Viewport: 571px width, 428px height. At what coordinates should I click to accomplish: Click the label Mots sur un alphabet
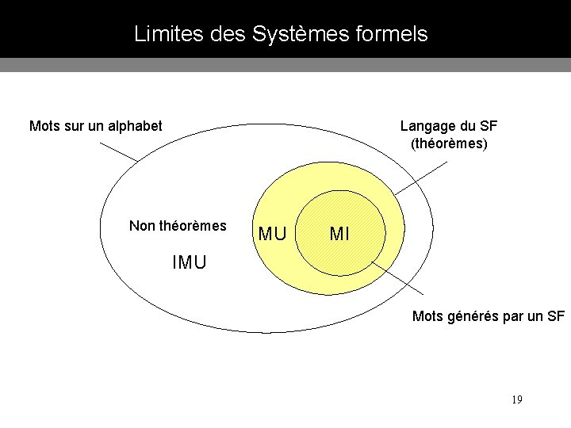point(95,125)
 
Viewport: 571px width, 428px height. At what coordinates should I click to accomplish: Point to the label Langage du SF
point(449,125)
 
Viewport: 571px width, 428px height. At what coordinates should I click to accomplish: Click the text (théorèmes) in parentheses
point(449,144)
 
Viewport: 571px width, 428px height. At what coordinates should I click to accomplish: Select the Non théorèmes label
point(178,226)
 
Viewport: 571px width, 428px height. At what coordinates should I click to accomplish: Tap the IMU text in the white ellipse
point(189,262)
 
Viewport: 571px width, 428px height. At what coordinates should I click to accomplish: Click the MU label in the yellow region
point(273,235)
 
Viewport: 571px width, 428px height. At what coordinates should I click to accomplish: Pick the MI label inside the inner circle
point(339,235)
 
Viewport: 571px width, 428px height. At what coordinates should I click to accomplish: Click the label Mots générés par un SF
point(489,316)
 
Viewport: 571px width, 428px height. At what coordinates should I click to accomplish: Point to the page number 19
point(516,399)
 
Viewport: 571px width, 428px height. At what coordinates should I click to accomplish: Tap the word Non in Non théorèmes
point(142,226)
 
